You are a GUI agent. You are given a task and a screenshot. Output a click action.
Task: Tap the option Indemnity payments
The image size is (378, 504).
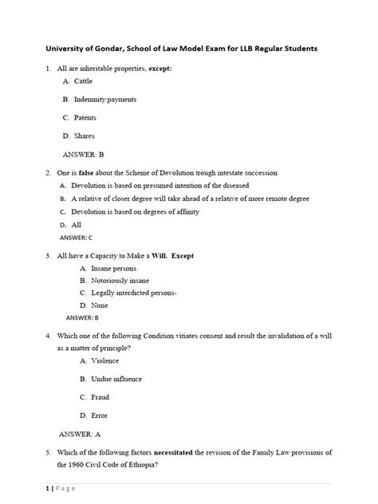[104, 100]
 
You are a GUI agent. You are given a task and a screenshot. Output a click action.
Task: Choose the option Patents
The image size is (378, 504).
[85, 118]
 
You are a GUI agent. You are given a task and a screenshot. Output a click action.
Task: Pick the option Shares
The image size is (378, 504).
[84, 136]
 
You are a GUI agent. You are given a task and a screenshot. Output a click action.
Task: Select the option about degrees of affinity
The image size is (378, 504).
[135, 211]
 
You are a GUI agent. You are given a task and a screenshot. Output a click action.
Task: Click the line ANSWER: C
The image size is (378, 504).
[77, 238]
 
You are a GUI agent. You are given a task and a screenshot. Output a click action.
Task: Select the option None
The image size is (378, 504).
[99, 305]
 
